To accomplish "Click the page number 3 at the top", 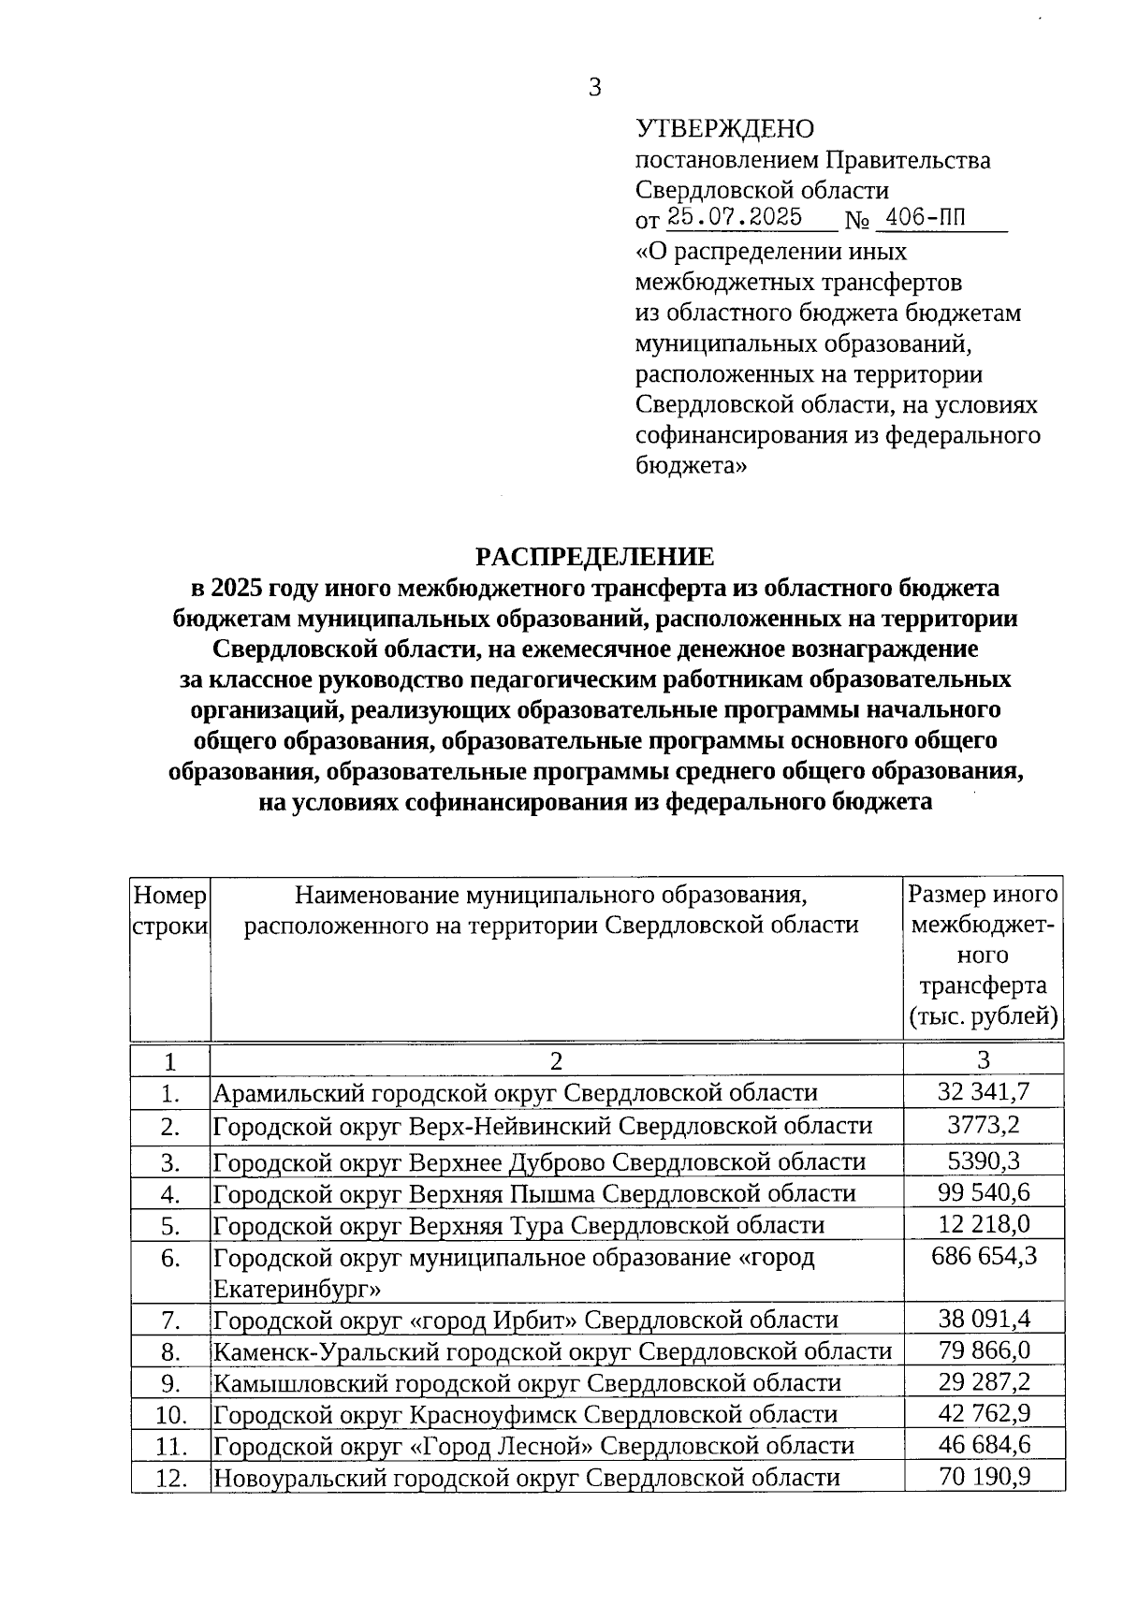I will coord(594,87).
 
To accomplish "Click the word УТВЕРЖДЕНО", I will coord(724,128).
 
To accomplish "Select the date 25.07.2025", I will coord(735,218).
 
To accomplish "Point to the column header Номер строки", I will coord(169,910).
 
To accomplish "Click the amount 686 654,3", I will coord(984,1256).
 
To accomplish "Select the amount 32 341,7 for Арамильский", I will coord(984,1091).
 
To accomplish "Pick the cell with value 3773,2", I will coord(984,1125).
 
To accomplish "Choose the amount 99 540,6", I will coord(984,1192).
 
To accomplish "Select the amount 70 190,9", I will coord(984,1477).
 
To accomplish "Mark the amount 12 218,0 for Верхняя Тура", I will coord(984,1224).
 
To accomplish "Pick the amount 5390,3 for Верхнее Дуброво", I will coord(984,1160).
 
